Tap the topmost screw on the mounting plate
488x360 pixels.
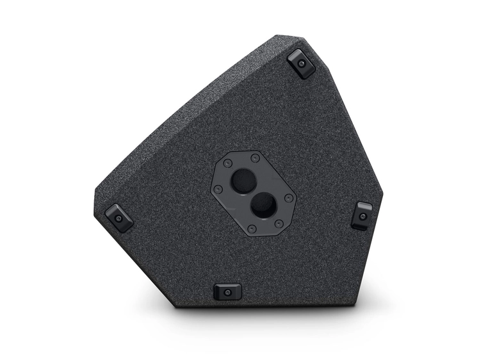click(255, 158)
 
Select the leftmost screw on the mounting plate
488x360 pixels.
click(219, 189)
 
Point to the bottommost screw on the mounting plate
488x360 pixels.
click(252, 229)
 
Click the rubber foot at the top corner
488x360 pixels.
click(302, 63)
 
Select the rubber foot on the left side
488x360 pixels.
click(119, 217)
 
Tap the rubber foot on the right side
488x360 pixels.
click(362, 216)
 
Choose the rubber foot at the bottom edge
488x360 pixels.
click(227, 291)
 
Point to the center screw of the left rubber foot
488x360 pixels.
click(119, 218)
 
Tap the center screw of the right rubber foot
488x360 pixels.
click(362, 217)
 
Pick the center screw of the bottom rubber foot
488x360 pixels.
click(227, 292)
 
